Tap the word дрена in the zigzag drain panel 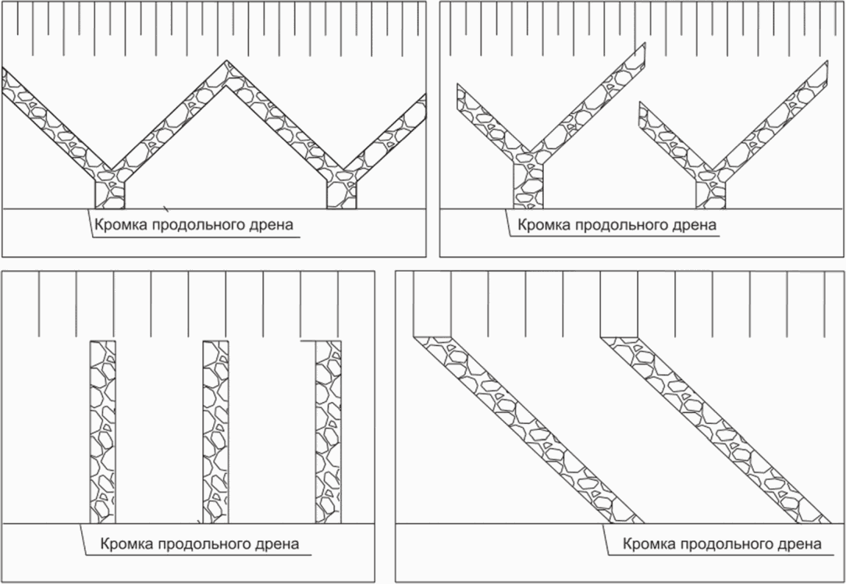pos(272,226)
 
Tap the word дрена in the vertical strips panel pos(279,544)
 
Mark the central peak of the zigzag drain pos(226,75)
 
